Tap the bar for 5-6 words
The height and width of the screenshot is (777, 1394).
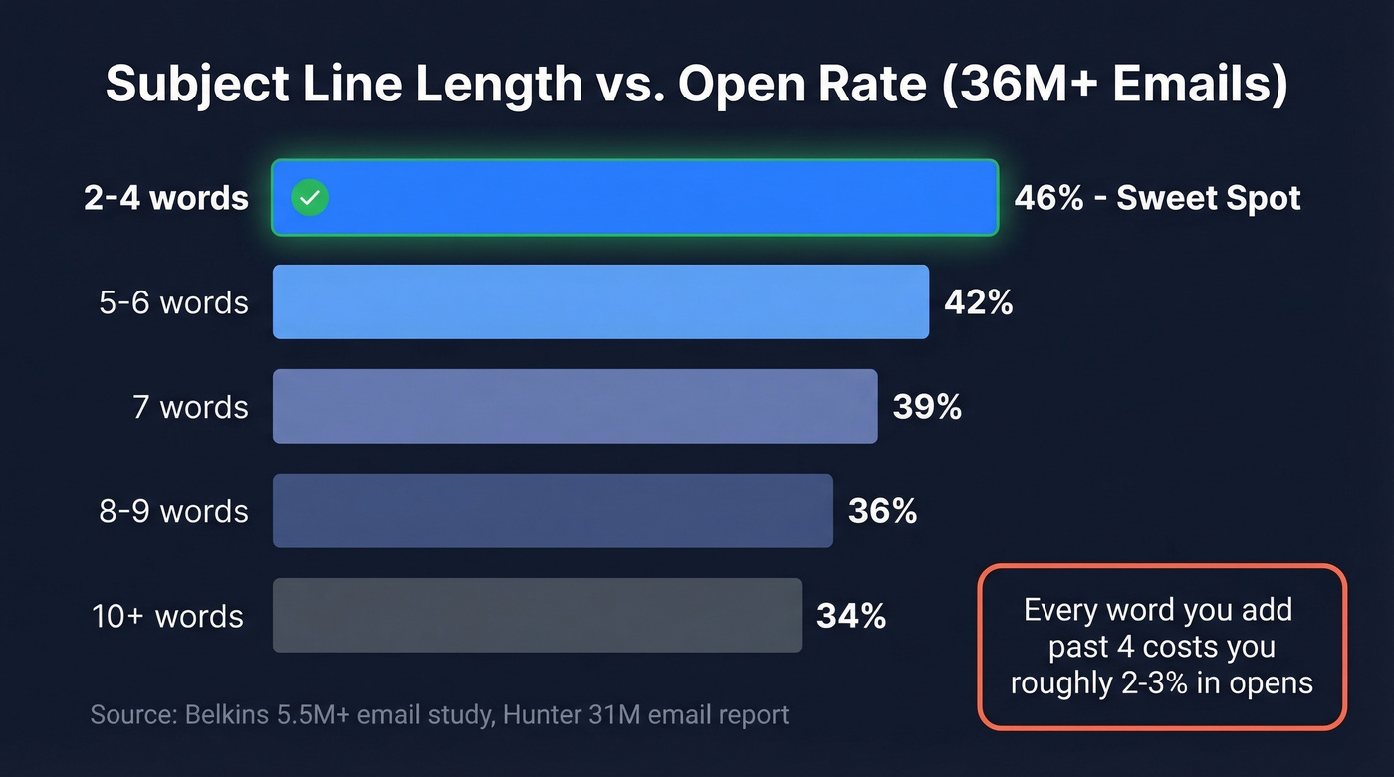coord(600,302)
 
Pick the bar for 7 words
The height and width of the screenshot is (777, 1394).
coord(575,406)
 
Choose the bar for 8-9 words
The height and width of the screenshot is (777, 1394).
coord(553,510)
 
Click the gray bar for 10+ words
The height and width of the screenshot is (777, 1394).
coord(537,615)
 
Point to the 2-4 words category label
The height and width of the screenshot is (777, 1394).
coord(166,198)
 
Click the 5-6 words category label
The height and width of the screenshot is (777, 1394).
coord(173,302)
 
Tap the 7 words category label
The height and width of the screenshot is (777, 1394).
coord(190,407)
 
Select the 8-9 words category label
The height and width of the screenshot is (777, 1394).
coord(173,511)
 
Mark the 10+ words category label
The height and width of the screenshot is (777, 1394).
coord(167,616)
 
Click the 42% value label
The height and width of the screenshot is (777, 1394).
coord(978,302)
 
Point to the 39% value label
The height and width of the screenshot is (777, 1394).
coord(927,407)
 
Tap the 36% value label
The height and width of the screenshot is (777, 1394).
coord(882,511)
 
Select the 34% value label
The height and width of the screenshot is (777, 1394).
coord(851,616)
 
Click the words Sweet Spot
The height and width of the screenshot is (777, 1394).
coord(1209,198)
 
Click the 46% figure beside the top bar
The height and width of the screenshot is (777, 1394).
coord(1048,198)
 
